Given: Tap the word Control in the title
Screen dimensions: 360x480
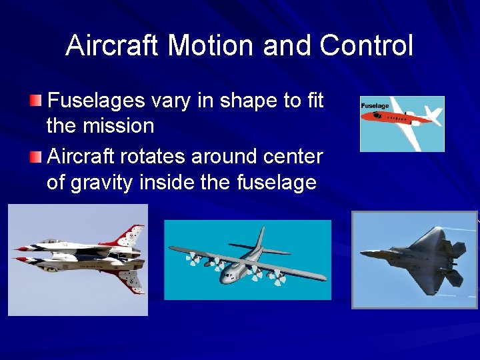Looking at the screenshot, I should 366,46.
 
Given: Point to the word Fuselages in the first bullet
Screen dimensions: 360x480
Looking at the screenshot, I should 97,101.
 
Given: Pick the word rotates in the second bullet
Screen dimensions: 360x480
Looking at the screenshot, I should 155,157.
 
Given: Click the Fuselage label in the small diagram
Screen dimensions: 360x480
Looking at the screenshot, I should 375,105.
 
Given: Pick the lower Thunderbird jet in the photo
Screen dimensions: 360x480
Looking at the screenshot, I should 80,267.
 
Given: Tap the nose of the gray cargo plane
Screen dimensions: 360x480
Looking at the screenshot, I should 225,275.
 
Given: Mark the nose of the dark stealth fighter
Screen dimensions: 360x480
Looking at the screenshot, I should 363,253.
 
